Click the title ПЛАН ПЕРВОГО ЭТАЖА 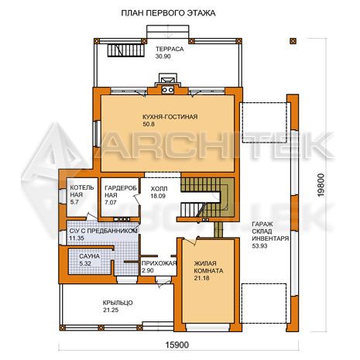[168, 13]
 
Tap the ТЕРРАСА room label [170, 49]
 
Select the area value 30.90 [163, 57]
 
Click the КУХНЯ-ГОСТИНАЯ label [170, 117]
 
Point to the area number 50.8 [149, 124]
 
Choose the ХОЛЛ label [159, 189]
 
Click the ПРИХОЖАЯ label [159, 263]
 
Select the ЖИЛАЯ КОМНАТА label [208, 267]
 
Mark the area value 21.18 [201, 278]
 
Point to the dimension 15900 [177, 345]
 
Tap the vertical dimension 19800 [321, 185]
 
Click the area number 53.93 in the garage [259, 246]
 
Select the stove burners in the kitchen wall [167, 90]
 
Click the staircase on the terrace [125, 50]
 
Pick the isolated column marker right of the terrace [293, 41]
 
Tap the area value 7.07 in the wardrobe [111, 203]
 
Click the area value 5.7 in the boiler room [74, 202]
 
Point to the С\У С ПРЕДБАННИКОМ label [103, 231]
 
